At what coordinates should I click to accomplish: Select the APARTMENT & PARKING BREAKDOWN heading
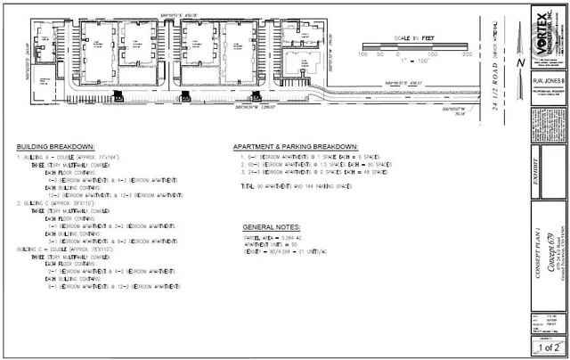(x=296, y=146)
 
